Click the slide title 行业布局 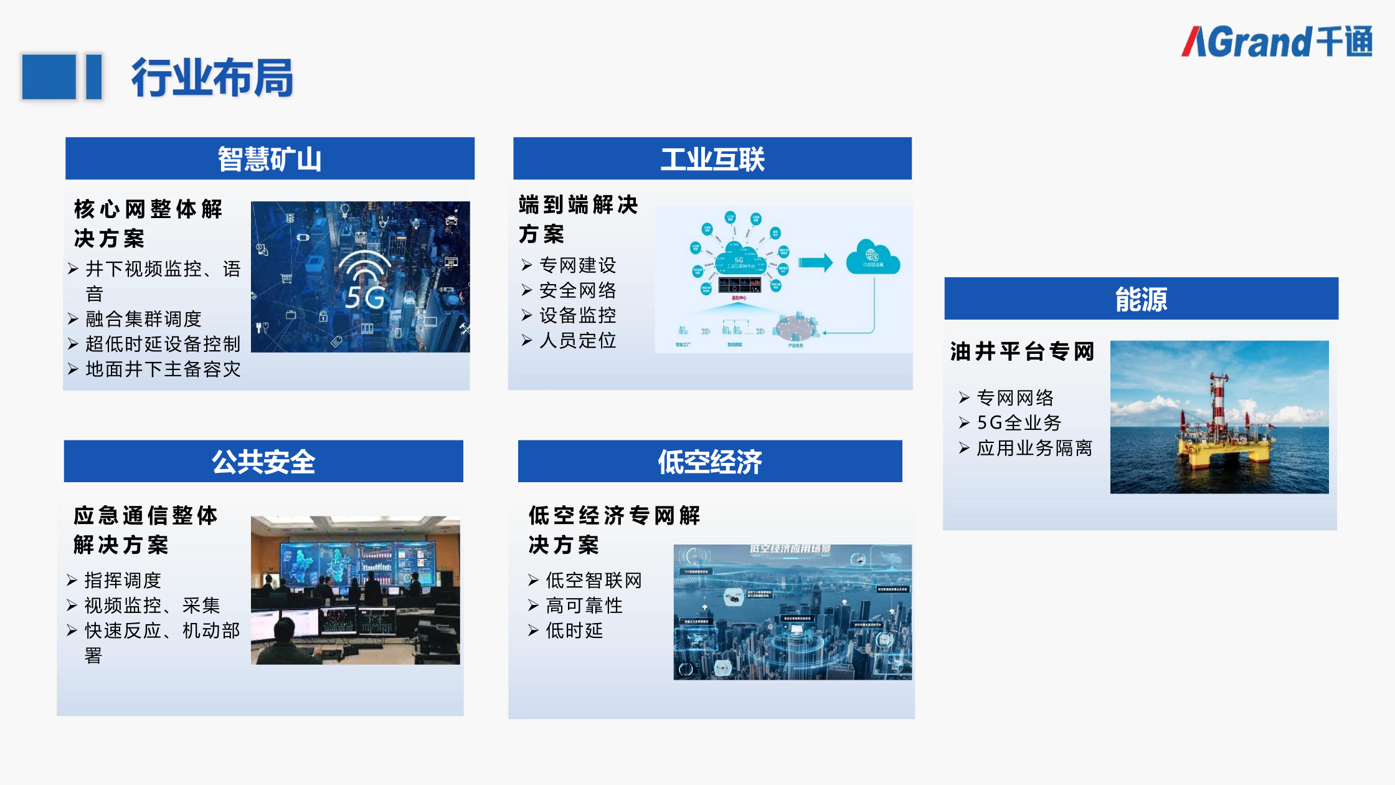tap(212, 78)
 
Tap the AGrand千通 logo tap(1277, 42)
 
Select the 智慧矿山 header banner tap(270, 159)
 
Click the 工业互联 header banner tap(712, 159)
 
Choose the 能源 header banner tap(1141, 299)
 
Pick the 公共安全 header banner tap(263, 462)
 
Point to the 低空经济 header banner tap(710, 462)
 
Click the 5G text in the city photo tap(365, 298)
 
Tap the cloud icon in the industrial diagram tap(872, 258)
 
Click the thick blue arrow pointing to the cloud tap(815, 262)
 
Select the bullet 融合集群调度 tap(143, 319)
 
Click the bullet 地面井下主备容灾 tap(163, 369)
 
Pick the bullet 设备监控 tap(577, 315)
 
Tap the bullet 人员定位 tap(577, 341)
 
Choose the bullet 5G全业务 tap(1019, 423)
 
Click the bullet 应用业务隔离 tap(1034, 449)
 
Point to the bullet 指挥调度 tap(123, 581)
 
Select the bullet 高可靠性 tap(584, 606)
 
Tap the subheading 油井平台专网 tap(1022, 352)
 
